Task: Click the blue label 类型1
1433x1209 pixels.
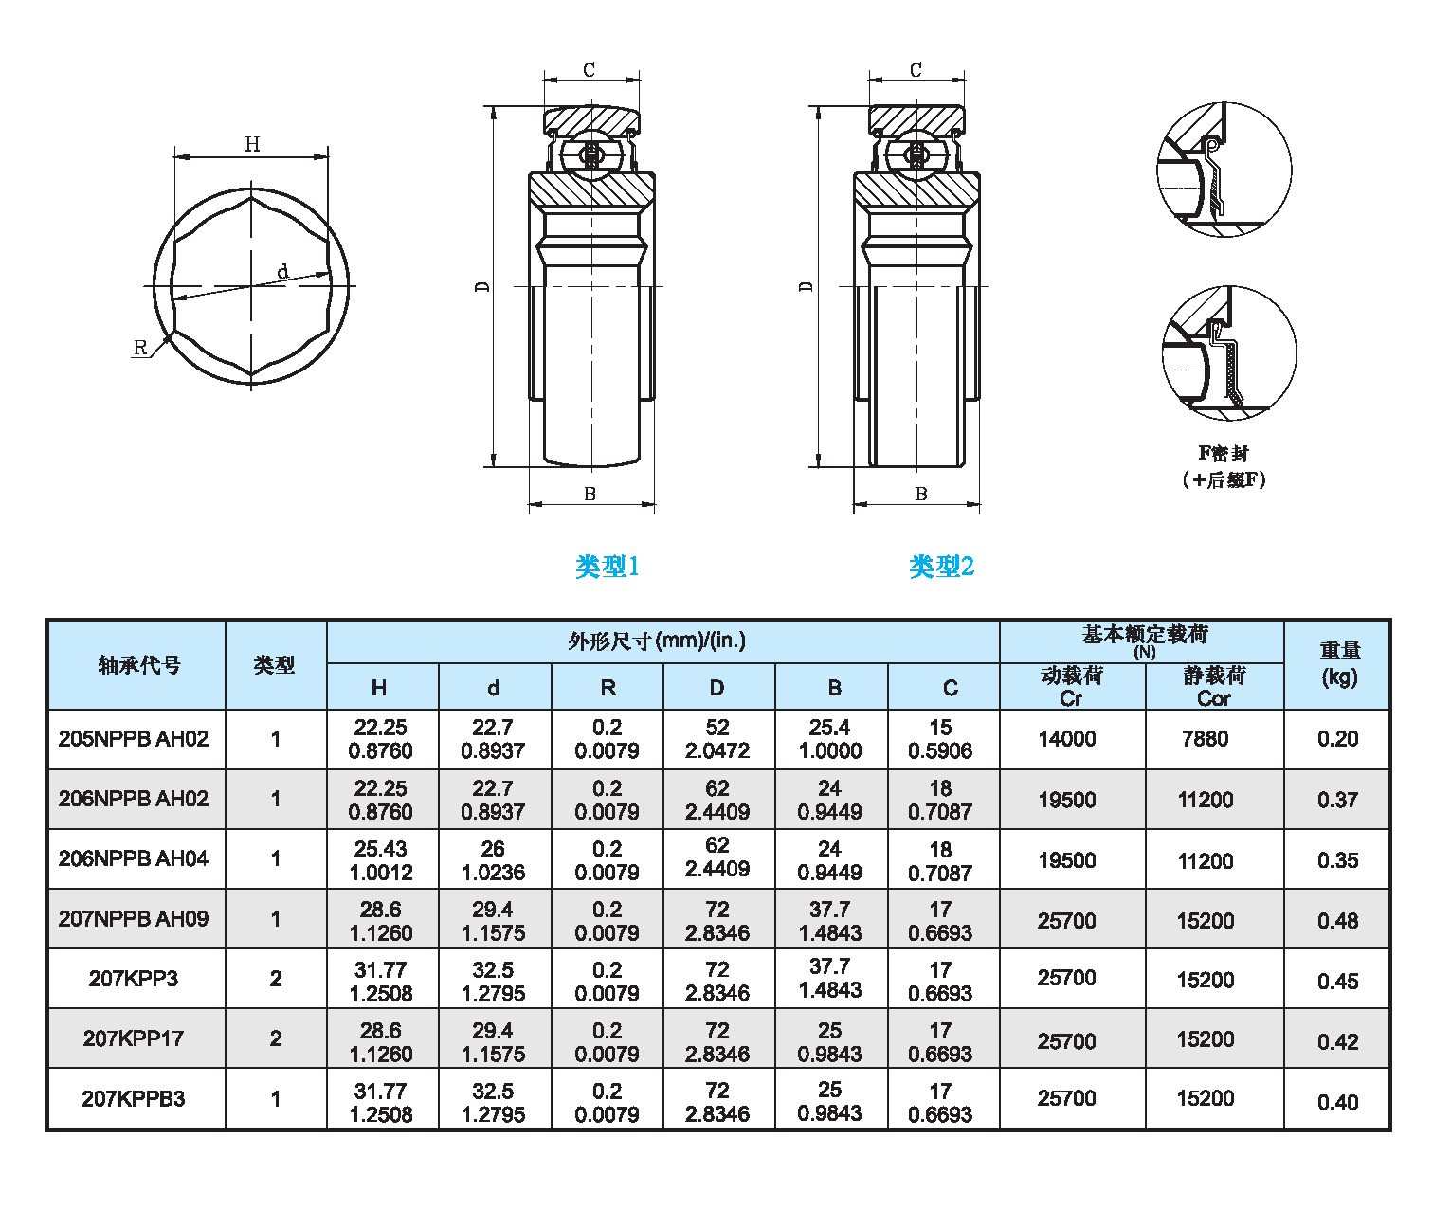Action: [608, 567]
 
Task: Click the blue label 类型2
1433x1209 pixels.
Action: [941, 567]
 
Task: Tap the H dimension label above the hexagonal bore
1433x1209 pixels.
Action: [252, 144]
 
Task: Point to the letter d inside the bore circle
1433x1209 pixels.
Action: [282, 272]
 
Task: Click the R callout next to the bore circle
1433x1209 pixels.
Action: [140, 348]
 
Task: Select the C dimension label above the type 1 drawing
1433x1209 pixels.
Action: [590, 70]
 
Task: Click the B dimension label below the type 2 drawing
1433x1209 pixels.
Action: [920, 494]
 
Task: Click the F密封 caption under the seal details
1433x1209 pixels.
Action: [1224, 454]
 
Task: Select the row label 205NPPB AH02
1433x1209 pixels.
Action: [134, 739]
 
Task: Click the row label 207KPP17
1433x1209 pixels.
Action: [134, 1038]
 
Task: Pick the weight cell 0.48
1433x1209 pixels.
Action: [1337, 921]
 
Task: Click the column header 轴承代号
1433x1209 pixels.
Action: [138, 665]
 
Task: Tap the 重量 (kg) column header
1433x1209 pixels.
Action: [1339, 663]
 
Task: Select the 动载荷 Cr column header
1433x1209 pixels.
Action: [1071, 687]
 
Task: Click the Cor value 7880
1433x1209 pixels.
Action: [1205, 739]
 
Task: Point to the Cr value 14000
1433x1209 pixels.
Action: [1067, 739]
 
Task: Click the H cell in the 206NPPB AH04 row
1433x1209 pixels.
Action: [381, 860]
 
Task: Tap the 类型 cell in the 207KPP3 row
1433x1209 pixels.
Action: [276, 979]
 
